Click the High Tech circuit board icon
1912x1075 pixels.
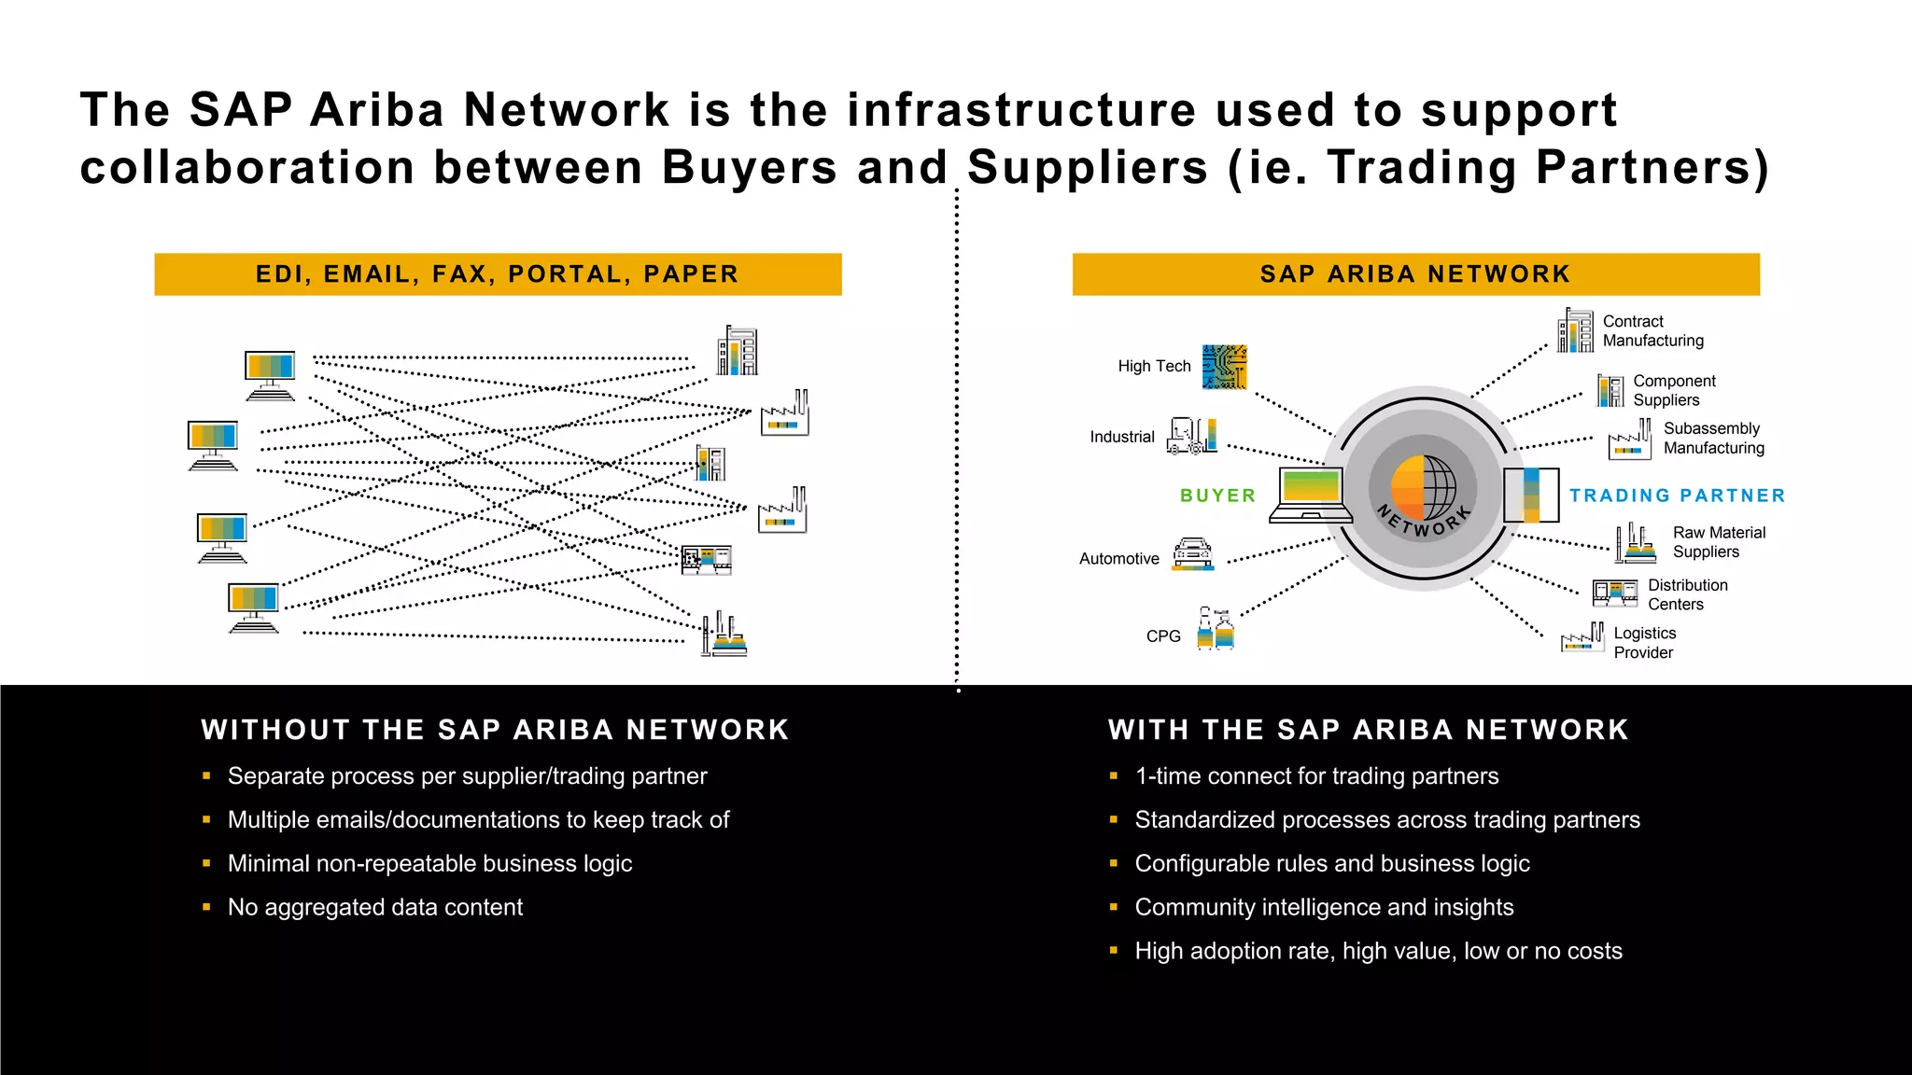point(1224,367)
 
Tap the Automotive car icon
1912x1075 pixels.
point(1192,553)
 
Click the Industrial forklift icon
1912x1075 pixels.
point(1192,436)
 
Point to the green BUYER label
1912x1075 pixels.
point(1217,496)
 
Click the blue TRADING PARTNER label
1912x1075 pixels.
point(1677,496)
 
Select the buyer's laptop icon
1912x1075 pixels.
point(1311,495)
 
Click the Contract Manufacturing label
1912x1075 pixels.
point(1652,331)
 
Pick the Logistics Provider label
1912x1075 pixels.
point(1644,643)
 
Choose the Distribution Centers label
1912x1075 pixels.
point(1687,594)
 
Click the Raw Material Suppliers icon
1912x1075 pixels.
point(1635,542)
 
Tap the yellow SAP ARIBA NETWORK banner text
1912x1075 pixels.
point(1415,274)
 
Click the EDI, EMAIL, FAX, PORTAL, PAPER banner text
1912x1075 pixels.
point(498,274)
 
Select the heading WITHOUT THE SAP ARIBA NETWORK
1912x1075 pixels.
point(495,730)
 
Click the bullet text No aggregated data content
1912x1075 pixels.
point(374,907)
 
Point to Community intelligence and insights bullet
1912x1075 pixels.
point(1324,907)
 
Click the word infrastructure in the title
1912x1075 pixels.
point(1021,110)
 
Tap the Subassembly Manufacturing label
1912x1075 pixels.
point(1713,439)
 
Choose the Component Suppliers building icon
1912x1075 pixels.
point(1610,391)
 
